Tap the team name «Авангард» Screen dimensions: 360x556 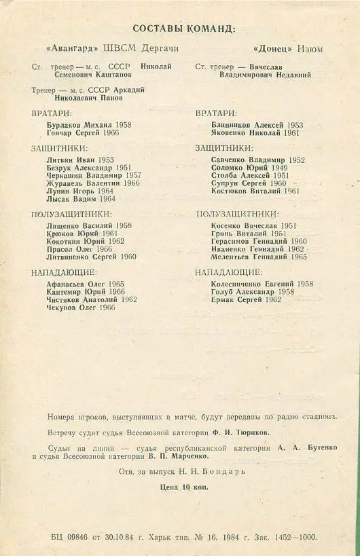pyautogui.click(x=70, y=49)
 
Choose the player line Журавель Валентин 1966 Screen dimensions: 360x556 pyautogui.click(x=84, y=183)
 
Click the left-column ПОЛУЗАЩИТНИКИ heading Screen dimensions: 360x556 pyautogui.click(x=66, y=214)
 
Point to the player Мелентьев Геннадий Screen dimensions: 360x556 pyautogui.click(x=249, y=257)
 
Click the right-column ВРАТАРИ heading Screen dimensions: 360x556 pyautogui.click(x=216, y=113)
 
